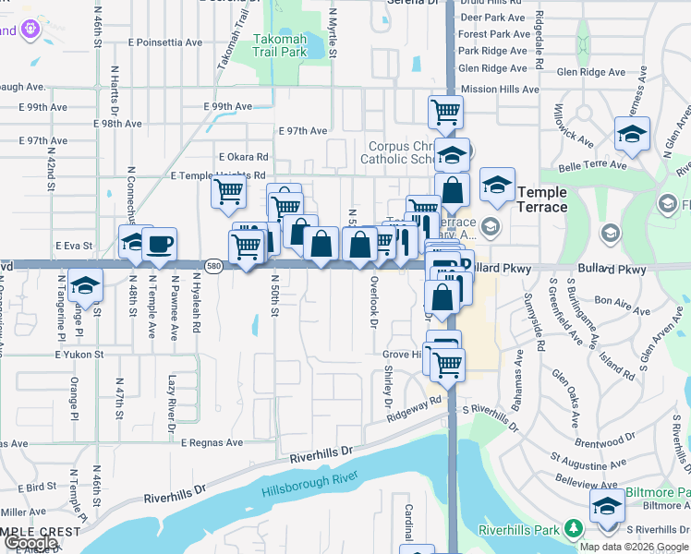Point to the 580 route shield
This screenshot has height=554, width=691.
[x=212, y=266]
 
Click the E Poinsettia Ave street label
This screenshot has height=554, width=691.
[x=165, y=42]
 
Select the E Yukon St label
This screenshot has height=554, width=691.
[x=79, y=354]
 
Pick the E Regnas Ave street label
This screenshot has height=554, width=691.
[x=212, y=443]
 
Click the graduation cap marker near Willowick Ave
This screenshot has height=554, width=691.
[x=632, y=134]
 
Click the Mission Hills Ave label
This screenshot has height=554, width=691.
[x=500, y=90]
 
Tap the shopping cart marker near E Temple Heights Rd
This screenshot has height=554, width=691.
[x=227, y=192]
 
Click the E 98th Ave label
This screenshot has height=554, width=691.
[x=117, y=123]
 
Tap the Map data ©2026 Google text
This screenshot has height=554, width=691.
[x=635, y=546]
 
